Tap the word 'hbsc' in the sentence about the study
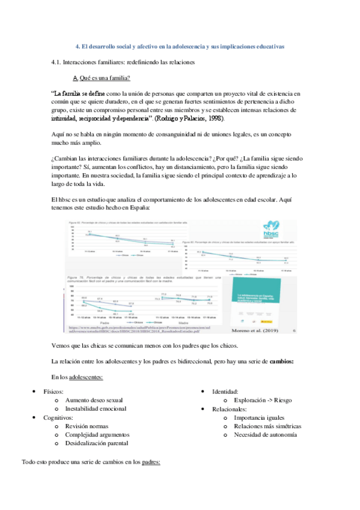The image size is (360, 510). (66, 199)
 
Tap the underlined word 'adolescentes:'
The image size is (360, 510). (86, 376)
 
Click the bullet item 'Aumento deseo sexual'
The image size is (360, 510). (94, 399)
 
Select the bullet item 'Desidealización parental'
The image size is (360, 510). (97, 443)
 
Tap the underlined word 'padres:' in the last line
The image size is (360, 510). (151, 462)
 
